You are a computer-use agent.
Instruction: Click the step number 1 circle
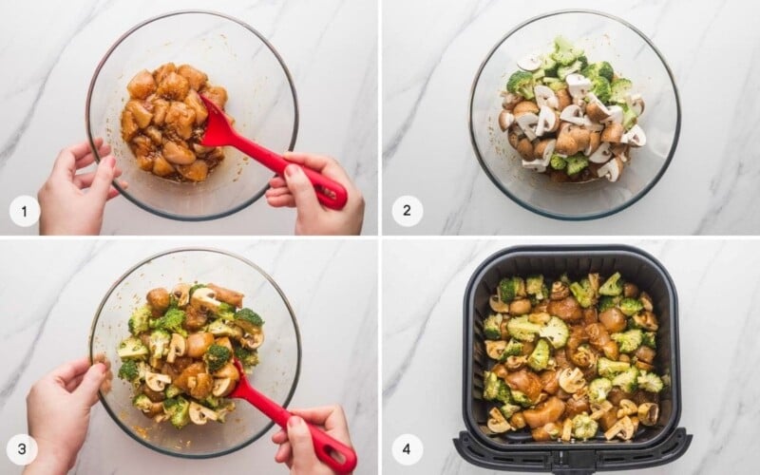point(25,211)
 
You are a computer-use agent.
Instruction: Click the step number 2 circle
point(408,211)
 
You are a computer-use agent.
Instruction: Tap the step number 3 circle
point(25,449)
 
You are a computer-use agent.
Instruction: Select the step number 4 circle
point(408,449)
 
